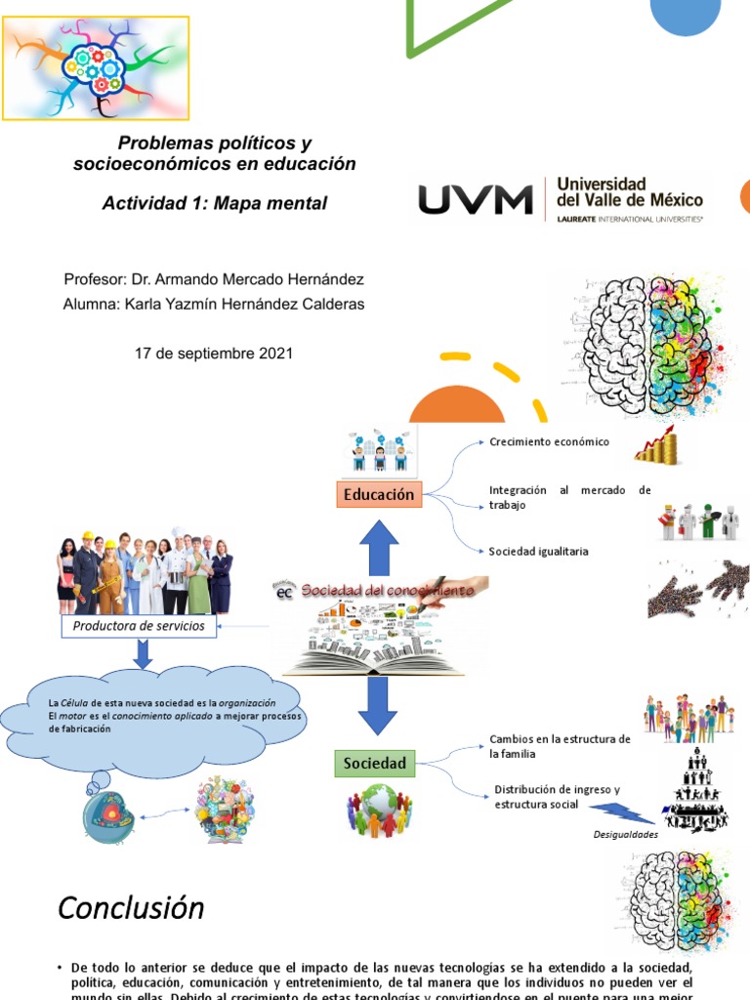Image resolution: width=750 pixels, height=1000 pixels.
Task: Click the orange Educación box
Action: tap(378, 495)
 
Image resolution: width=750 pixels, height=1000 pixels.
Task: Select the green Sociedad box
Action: tap(374, 762)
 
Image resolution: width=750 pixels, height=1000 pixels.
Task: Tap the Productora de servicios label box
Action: tap(139, 626)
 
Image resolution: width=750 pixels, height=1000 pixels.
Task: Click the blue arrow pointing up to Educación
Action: tap(379, 548)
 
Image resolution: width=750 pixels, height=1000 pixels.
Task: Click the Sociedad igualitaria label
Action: tap(538, 551)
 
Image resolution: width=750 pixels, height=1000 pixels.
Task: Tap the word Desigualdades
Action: tap(626, 835)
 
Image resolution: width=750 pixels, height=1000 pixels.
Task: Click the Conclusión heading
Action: tap(131, 908)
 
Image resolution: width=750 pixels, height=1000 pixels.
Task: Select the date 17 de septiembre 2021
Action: tap(213, 354)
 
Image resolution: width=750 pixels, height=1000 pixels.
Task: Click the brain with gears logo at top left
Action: tap(95, 66)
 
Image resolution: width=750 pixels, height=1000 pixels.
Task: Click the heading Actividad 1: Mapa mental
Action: tap(215, 203)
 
